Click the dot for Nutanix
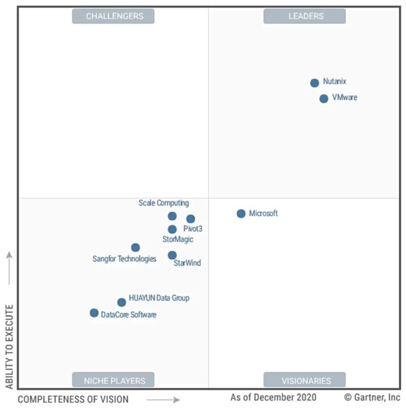[314, 83]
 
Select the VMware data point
[324, 98]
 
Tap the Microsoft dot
[241, 213]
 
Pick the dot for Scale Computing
[172, 216]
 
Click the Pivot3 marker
[190, 218]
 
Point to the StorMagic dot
[172, 229]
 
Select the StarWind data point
[172, 255]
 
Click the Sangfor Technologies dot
[135, 247]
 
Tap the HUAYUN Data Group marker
[121, 302]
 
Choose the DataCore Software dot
[94, 312]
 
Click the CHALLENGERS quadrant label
[114, 16]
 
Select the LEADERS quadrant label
[306, 16]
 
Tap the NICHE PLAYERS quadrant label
[114, 380]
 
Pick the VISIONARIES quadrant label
[306, 380]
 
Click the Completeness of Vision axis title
[73, 399]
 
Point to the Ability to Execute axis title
[9, 346]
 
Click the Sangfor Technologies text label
[124, 258]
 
